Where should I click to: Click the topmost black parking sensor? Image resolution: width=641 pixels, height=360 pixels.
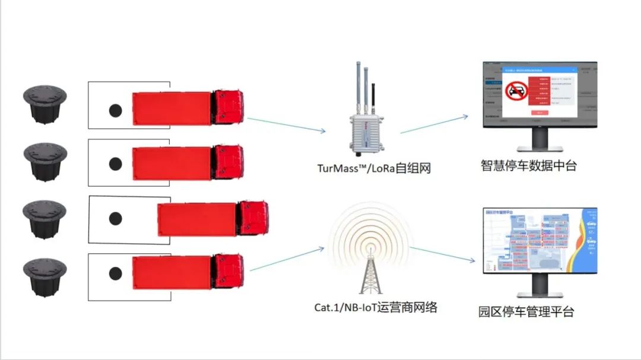click(45, 104)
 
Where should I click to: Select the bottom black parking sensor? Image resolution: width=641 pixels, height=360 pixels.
click(45, 277)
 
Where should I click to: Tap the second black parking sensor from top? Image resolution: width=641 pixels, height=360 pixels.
click(45, 161)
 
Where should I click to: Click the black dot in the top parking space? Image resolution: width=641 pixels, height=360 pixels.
click(115, 110)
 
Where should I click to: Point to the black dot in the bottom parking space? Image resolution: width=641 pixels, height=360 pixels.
click(115, 273)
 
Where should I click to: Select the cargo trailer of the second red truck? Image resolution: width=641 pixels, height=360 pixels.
click(172, 163)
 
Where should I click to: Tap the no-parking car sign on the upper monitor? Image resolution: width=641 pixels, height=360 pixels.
click(516, 92)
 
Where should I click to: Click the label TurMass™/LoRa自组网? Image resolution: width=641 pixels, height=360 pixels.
click(373, 168)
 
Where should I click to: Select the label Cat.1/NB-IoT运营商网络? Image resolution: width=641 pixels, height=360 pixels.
click(376, 307)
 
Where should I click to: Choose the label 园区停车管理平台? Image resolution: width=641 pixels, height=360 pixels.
click(526, 311)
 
